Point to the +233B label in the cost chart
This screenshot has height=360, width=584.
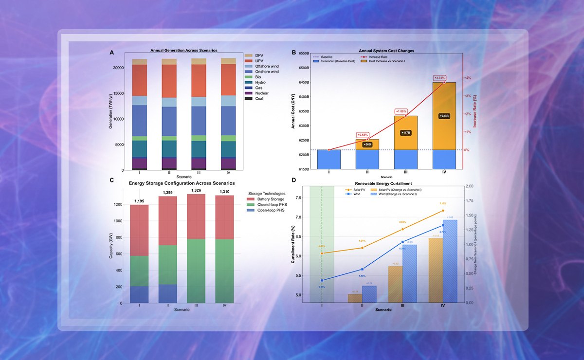point(444,116)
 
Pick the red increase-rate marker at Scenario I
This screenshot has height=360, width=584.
point(329,150)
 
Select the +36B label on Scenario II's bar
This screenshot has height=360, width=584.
point(367,144)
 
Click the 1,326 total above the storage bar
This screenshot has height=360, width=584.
point(196,190)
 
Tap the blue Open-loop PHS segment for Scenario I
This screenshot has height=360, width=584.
point(139,294)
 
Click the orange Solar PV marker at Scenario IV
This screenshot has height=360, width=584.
point(443,211)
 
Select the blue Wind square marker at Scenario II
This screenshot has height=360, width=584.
point(362,269)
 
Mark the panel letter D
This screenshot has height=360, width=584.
point(293,180)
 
